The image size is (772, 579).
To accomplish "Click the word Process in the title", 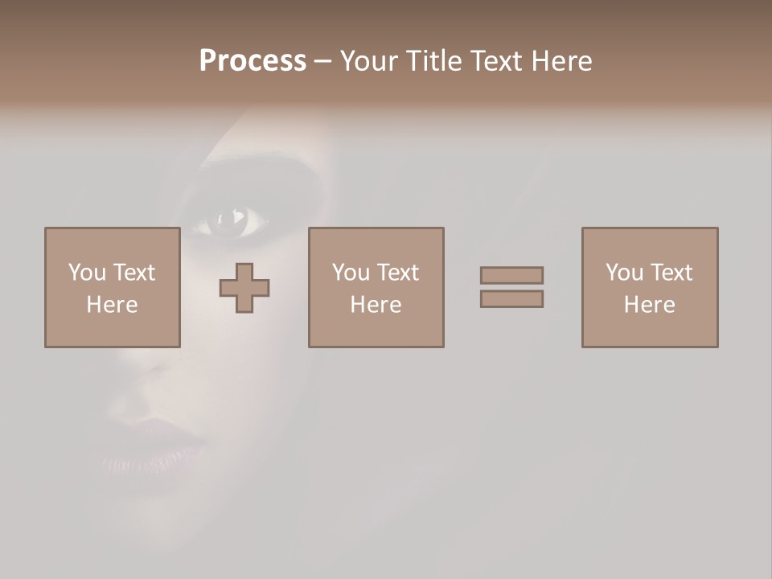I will coord(253,61).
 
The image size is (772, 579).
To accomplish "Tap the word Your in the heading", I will coord(369,61).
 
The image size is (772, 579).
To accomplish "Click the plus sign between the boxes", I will coord(244,288).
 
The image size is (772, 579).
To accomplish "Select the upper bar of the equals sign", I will coord(511,275).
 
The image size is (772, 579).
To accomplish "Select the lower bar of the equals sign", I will coord(511,299).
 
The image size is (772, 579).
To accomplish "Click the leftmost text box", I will coord(113,287).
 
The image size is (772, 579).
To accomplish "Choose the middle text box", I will coord(376,287).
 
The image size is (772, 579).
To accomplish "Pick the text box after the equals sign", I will coord(650,287).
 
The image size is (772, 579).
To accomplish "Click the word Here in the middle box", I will coord(376,305).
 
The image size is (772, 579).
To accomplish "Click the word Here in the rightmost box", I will coord(650,305).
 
